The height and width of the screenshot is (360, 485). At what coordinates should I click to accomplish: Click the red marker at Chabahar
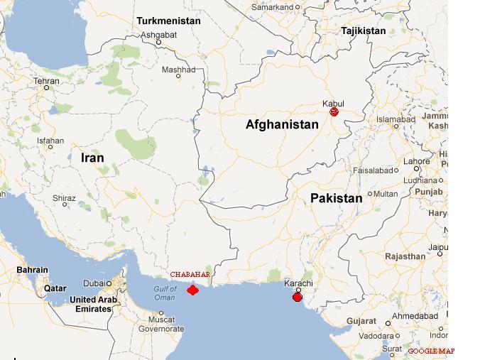coord(192,290)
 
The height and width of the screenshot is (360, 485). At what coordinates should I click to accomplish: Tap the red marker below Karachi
coord(298,297)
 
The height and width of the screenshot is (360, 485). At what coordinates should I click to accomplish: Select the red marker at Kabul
coord(334,111)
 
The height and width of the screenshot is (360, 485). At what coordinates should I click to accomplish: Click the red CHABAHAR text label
coord(190,275)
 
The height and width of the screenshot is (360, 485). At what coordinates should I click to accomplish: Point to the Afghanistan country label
coord(282,124)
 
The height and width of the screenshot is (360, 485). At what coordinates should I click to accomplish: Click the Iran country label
coord(92,158)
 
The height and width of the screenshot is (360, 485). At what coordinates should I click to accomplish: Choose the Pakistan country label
coord(336,198)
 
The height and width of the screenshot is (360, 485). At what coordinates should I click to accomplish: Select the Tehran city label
coord(47,82)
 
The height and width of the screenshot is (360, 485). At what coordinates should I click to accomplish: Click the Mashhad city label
coord(178,70)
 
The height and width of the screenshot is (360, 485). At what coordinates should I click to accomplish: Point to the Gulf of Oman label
coord(165,293)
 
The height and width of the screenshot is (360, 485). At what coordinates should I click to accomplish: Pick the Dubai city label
coord(92,283)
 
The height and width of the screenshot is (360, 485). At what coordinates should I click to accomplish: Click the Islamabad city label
coord(396,120)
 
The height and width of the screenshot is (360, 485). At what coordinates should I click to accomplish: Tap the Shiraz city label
coord(65,198)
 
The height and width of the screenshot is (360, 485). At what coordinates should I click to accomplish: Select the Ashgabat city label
coord(158,34)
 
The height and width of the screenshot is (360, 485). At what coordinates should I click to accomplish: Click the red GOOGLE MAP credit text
coord(431,351)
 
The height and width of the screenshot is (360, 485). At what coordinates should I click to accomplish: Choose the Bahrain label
coord(33,270)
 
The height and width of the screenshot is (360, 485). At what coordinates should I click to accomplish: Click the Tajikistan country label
coord(364,31)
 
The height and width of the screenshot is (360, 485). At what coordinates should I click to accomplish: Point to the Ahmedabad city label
coord(416,316)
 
